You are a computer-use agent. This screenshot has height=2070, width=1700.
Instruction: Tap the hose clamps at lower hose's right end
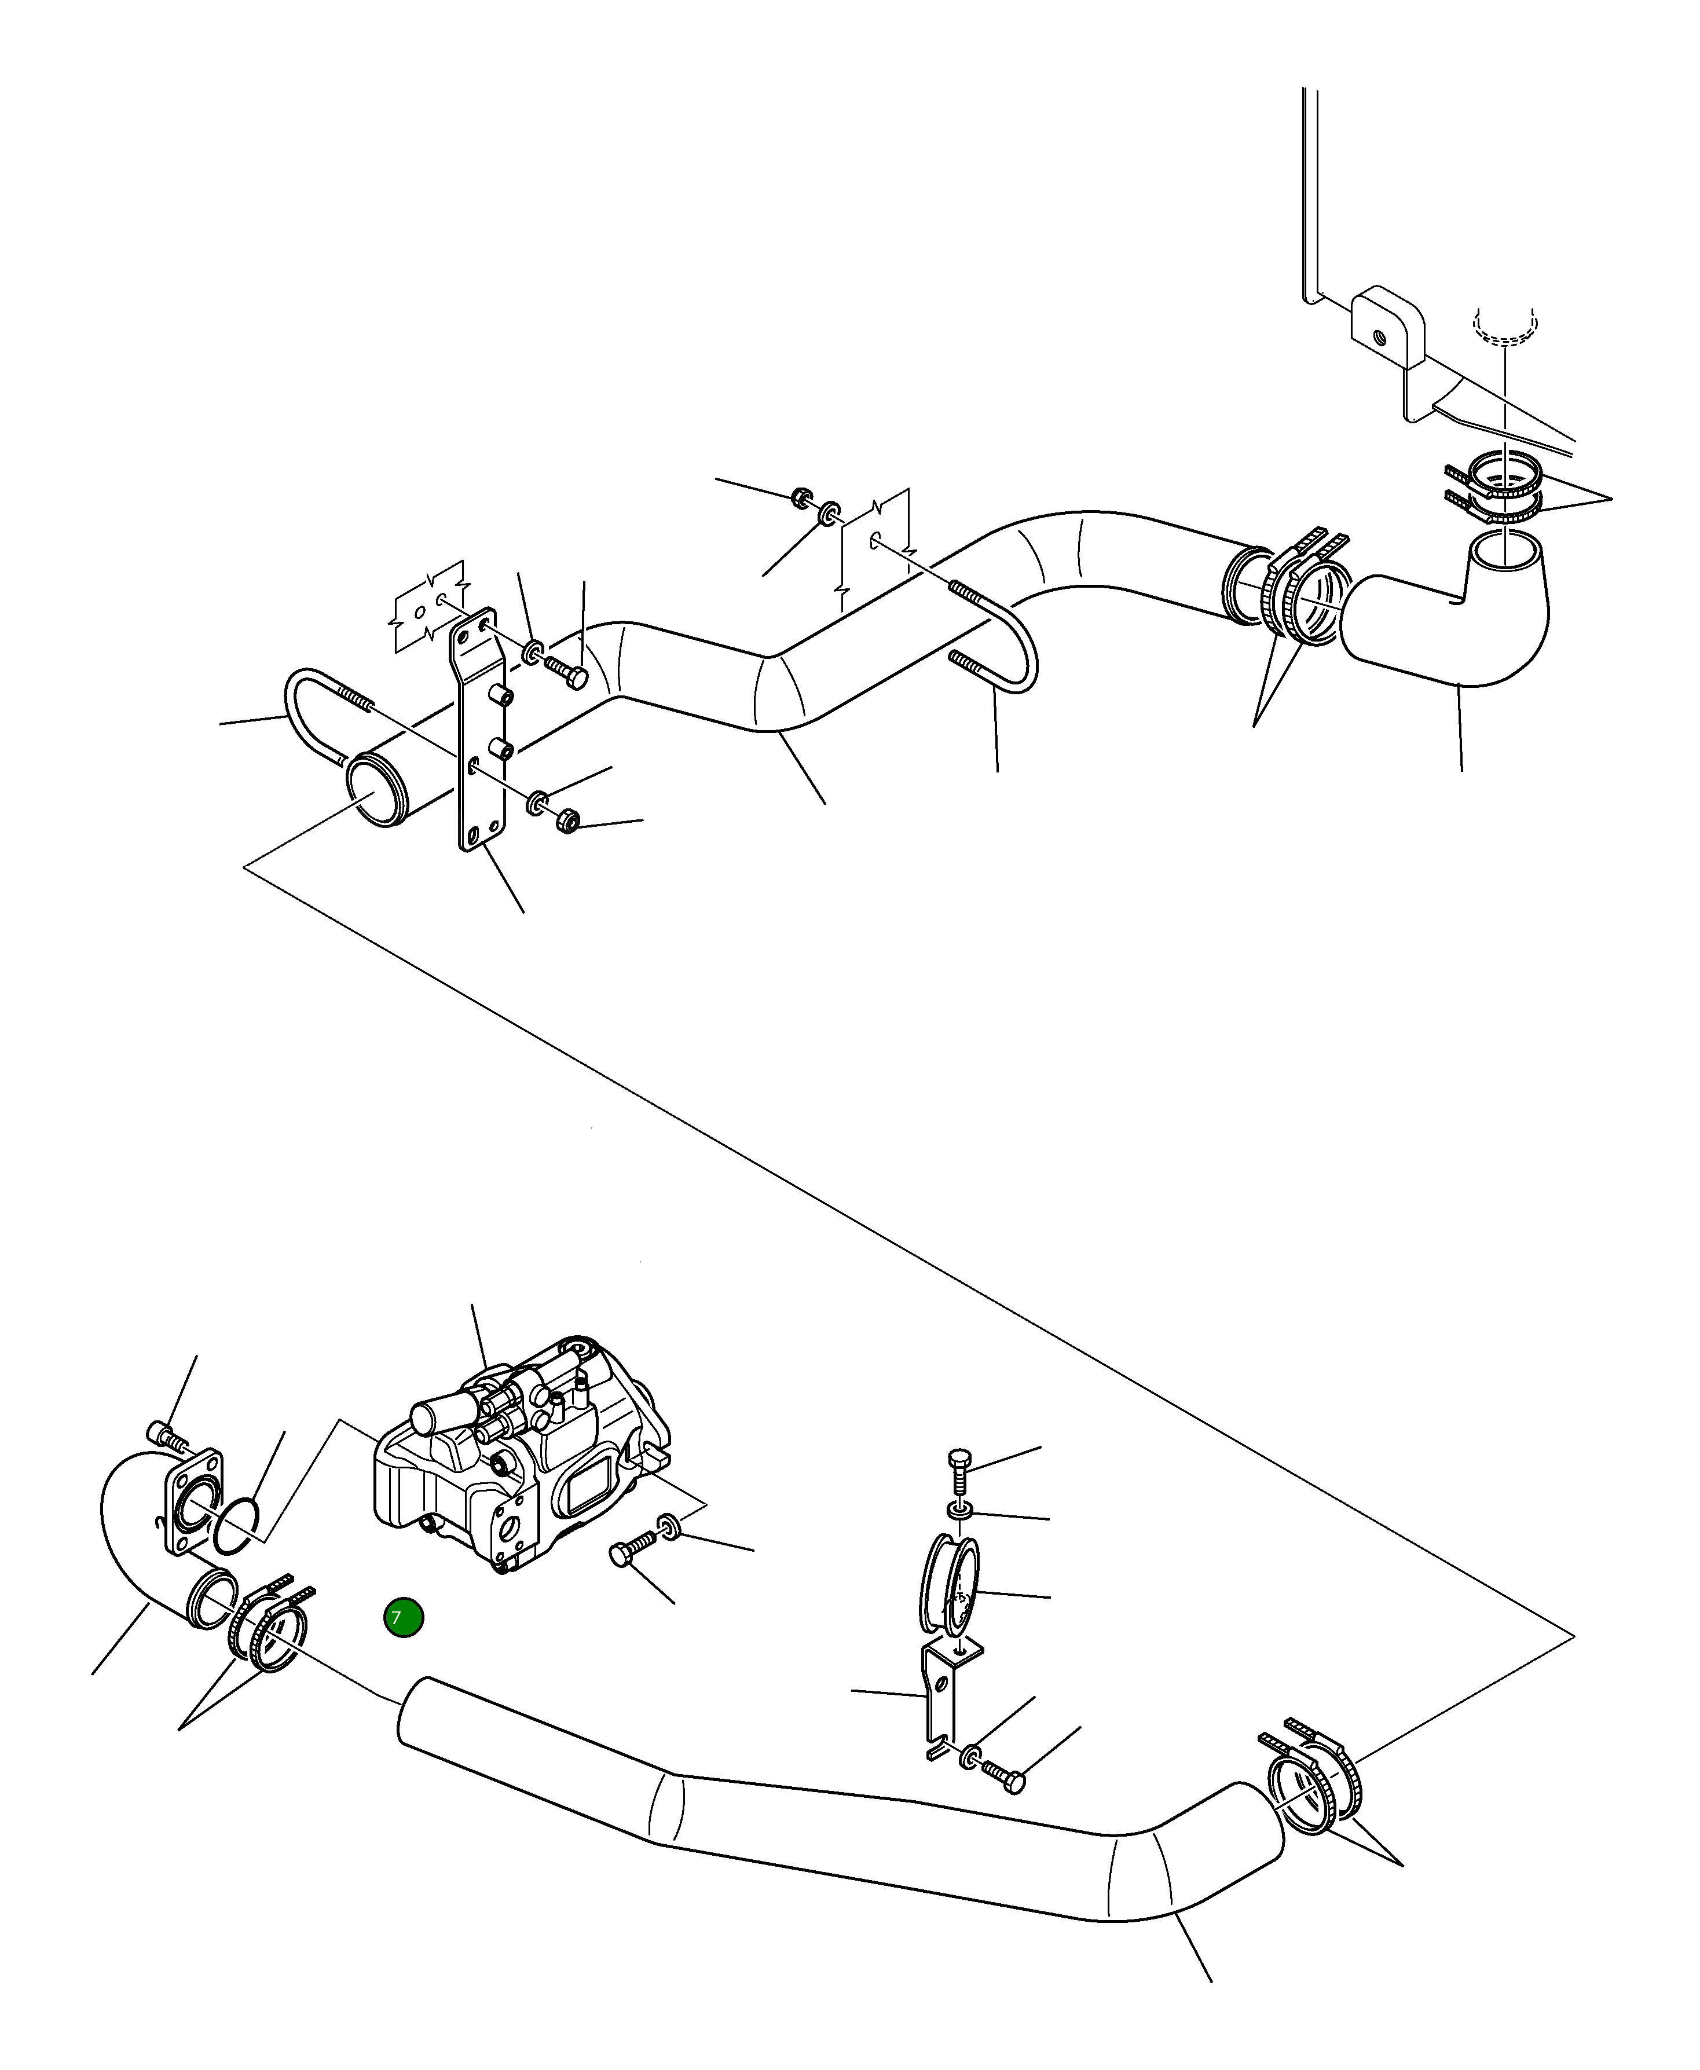click(x=1312, y=1780)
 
